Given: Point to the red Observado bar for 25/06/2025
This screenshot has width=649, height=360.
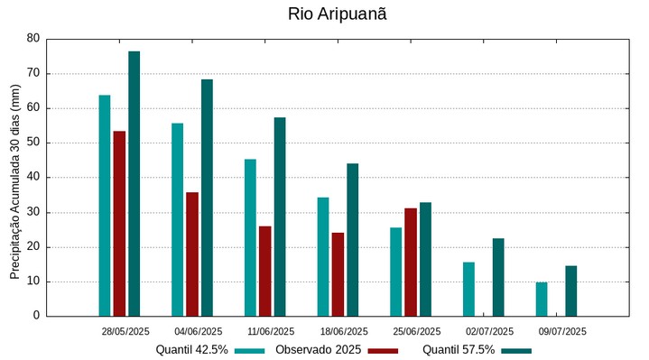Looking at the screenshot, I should [x=411, y=262].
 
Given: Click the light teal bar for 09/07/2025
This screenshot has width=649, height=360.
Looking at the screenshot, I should [x=542, y=299].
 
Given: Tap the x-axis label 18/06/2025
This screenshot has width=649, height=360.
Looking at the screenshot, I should [x=344, y=331].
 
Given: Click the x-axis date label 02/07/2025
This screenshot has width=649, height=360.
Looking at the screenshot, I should [x=489, y=331].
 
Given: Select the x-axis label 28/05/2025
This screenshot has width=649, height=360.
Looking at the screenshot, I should [x=125, y=331].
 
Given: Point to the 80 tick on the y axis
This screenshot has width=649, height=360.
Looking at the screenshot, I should [x=33, y=39].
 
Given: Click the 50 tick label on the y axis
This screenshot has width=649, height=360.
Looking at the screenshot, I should [x=33, y=143].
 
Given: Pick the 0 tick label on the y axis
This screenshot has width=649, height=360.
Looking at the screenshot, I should [x=36, y=316].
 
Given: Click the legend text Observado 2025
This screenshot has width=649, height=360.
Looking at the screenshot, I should [x=318, y=350].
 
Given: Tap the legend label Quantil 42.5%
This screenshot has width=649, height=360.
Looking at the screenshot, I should [x=191, y=350].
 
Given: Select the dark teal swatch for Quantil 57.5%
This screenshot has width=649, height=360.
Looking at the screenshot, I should [x=516, y=350].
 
